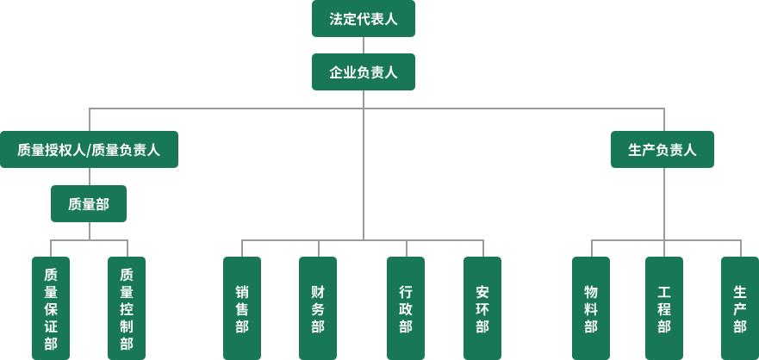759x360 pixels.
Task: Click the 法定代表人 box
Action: coord(363,19)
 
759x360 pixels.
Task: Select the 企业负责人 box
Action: coord(363,72)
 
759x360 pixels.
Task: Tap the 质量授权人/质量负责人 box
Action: coord(89,150)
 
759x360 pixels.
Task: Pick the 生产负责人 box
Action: coord(663,150)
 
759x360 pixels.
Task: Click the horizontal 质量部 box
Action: coord(89,204)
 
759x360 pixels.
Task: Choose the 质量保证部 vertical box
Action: coord(51,308)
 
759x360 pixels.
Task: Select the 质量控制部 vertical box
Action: coord(127,308)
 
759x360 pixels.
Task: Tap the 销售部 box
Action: coord(242,308)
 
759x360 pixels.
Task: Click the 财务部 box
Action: coord(318,308)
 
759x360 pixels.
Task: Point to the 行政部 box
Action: coord(406,308)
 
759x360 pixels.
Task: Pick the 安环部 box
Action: coord(482,308)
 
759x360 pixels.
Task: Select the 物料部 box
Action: coord(591,308)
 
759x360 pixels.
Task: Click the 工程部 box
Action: coord(663,308)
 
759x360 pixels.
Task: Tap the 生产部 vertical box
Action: coord(739,308)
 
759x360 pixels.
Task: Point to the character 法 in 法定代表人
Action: coord(336,19)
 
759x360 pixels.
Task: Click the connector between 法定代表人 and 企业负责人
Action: coord(363,46)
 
